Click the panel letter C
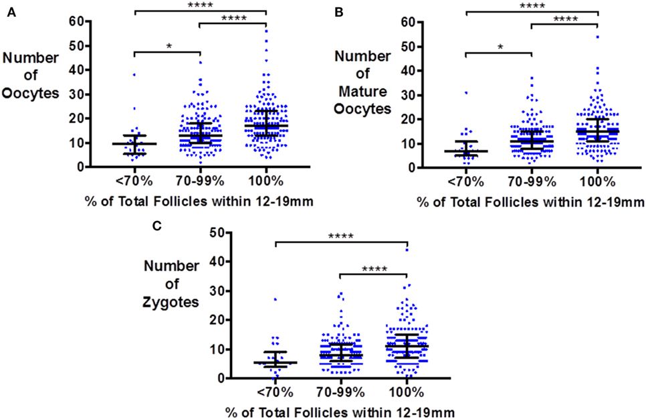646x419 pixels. [x=158, y=226]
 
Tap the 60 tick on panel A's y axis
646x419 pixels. [x=86, y=21]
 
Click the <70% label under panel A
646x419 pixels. [x=134, y=181]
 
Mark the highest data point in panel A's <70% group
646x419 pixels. [x=134, y=74]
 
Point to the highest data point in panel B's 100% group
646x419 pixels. [x=597, y=37]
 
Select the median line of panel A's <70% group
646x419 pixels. [x=134, y=143]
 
